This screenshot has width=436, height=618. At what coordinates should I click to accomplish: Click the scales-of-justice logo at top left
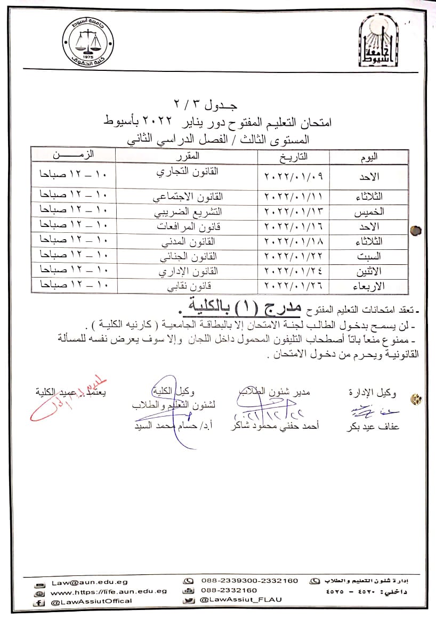click(87, 43)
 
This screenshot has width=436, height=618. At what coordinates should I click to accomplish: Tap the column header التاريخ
click(293, 156)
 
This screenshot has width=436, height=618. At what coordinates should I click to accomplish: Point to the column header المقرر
click(188, 156)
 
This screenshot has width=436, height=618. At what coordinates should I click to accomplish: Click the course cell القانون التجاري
click(187, 173)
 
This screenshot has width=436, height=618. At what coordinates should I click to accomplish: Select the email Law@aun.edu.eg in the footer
click(90, 582)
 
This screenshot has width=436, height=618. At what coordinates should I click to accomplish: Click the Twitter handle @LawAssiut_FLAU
click(240, 599)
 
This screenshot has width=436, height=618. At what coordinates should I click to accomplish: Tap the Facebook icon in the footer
click(38, 601)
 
